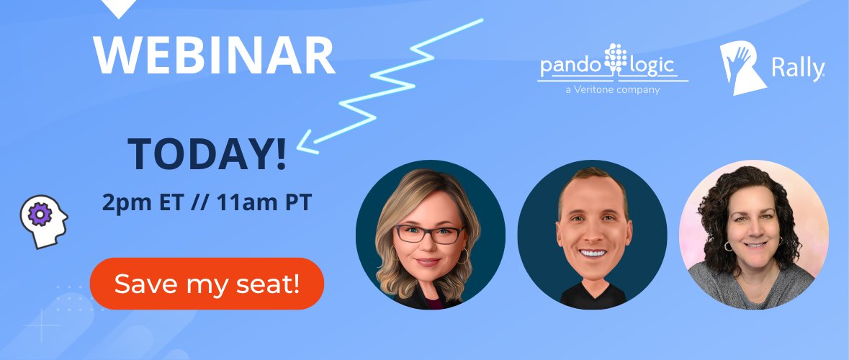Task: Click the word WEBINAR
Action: pos(214,55)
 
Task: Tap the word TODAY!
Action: pos(207,153)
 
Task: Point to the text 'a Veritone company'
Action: pos(613,90)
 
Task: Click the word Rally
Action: pos(797,70)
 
